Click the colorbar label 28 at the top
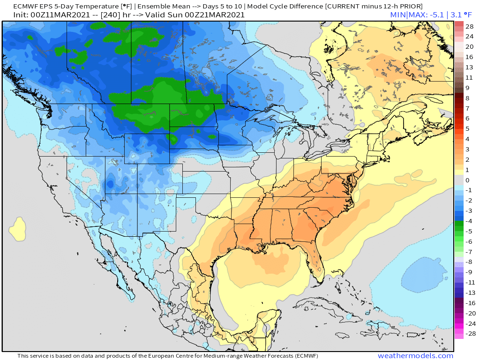[469, 26]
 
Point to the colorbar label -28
[469, 334]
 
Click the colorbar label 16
[469, 57]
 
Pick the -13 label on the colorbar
[469, 293]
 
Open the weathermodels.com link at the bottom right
[415, 356]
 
